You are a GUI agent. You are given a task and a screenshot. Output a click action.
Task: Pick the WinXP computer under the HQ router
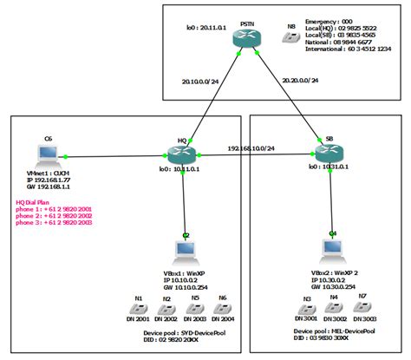186,252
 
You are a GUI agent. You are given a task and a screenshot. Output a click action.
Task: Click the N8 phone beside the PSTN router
290,40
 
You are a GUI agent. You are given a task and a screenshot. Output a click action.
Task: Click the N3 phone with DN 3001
307,309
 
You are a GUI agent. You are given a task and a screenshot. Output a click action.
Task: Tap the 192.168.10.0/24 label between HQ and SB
258,147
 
